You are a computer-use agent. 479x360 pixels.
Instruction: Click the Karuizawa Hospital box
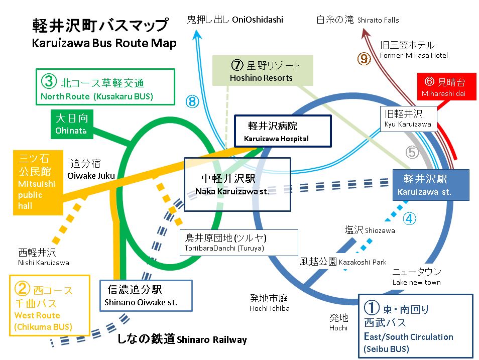point(283,131)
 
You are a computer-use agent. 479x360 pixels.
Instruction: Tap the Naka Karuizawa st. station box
point(237,185)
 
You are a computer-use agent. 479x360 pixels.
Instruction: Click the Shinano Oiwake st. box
point(146,296)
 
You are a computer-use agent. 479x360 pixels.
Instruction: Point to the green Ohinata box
point(72,125)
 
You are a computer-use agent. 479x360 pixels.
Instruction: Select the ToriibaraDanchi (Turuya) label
point(239,243)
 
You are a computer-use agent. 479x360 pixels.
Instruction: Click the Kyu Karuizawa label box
point(408,119)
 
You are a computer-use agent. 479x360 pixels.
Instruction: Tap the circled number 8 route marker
point(193,101)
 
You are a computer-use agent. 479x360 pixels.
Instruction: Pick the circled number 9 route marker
point(364,59)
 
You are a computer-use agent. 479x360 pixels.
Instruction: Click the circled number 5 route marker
point(412,152)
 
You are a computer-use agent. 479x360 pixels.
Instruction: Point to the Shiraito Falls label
point(357,20)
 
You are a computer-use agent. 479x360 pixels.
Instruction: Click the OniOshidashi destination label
point(235,20)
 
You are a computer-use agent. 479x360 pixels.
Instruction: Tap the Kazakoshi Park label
point(343,262)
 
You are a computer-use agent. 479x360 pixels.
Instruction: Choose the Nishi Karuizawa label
point(44,257)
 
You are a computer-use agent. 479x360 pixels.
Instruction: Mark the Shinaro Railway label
point(182,339)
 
